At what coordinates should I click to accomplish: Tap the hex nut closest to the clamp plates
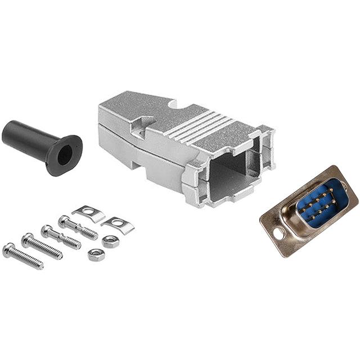111,242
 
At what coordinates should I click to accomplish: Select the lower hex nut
96,255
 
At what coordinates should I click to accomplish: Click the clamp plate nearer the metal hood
89,213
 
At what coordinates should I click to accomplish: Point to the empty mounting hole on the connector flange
277,232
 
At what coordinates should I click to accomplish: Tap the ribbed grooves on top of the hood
205,126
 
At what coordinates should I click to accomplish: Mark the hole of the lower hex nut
96,255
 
